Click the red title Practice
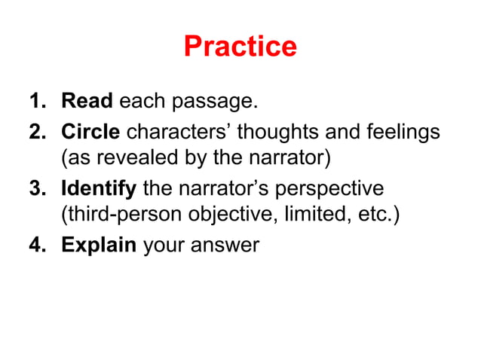point(240,47)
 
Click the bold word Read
point(87,100)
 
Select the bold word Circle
point(90,133)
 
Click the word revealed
point(130,160)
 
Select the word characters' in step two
point(181,133)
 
